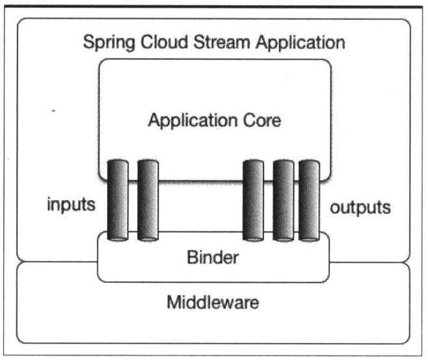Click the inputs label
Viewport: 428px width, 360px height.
[71, 207]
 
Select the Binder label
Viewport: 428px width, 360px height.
[213, 257]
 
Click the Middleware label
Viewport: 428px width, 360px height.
[213, 302]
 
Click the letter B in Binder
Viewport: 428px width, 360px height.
[193, 257]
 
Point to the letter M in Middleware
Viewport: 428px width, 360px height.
[174, 302]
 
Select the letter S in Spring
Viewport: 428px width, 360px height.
[90, 44]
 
